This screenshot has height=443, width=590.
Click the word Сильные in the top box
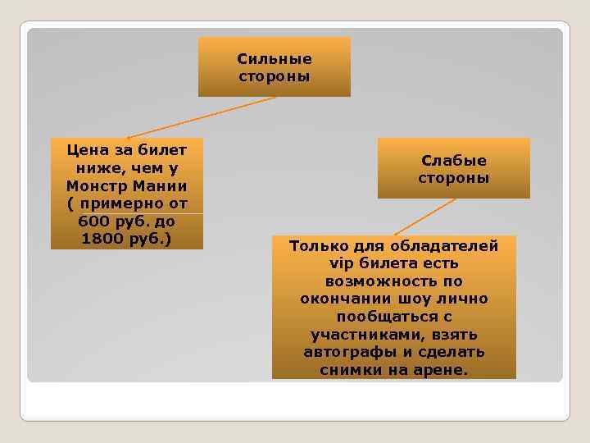(x=275, y=59)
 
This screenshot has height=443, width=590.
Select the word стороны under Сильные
(x=275, y=76)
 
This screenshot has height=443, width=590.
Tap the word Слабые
(x=454, y=161)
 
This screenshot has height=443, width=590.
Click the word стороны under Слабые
(x=454, y=178)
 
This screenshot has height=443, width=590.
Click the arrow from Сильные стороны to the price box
(x=201, y=117)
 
